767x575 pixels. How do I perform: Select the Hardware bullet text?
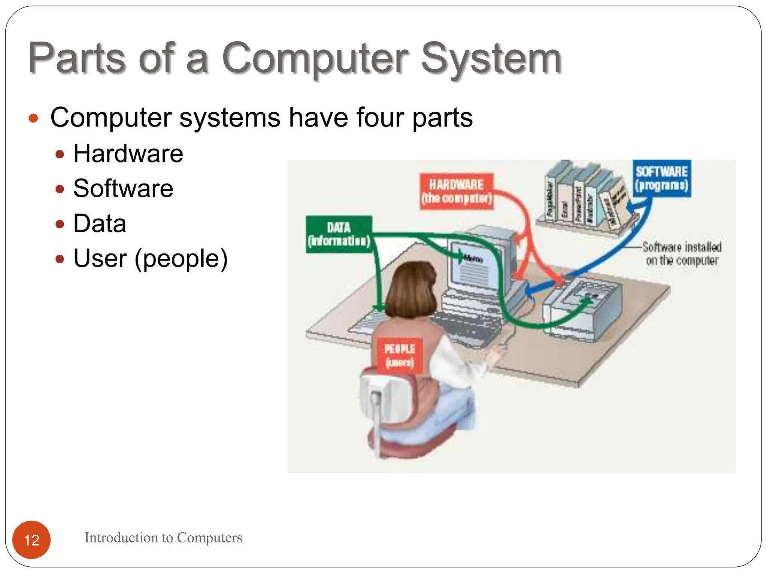click(x=128, y=153)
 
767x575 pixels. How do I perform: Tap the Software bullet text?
click(x=123, y=188)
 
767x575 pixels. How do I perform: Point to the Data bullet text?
click(x=100, y=223)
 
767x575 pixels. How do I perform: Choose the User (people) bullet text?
click(x=151, y=258)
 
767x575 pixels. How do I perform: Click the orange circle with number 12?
click(x=31, y=539)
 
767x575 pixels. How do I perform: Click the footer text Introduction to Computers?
click(x=163, y=538)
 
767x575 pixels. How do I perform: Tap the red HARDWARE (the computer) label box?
click(x=456, y=191)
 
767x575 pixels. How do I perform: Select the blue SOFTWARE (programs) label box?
click(x=662, y=179)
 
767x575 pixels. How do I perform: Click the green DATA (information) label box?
click(x=339, y=234)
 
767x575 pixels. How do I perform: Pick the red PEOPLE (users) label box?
click(x=400, y=355)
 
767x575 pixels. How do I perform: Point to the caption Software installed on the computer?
click(x=682, y=253)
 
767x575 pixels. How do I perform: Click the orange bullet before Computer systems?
click(x=33, y=118)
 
